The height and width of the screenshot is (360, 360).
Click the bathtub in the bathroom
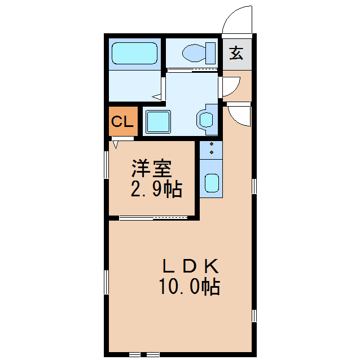tap(134, 54)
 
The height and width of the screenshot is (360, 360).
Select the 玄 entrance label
tap(236, 54)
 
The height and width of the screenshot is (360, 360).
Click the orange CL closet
tap(122, 122)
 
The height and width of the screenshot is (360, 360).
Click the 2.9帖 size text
tap(156, 189)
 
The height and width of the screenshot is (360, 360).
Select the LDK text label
tap(190, 265)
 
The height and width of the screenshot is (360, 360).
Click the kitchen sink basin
tap(211, 182)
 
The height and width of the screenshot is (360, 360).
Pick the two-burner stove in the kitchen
tap(211, 149)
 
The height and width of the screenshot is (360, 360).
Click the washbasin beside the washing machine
tap(205, 119)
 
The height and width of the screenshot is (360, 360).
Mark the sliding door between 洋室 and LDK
tap(153, 217)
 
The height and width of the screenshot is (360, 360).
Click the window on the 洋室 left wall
tap(107, 164)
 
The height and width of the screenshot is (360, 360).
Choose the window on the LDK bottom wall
tap(144, 354)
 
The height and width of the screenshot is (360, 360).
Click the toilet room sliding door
tap(191, 70)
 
